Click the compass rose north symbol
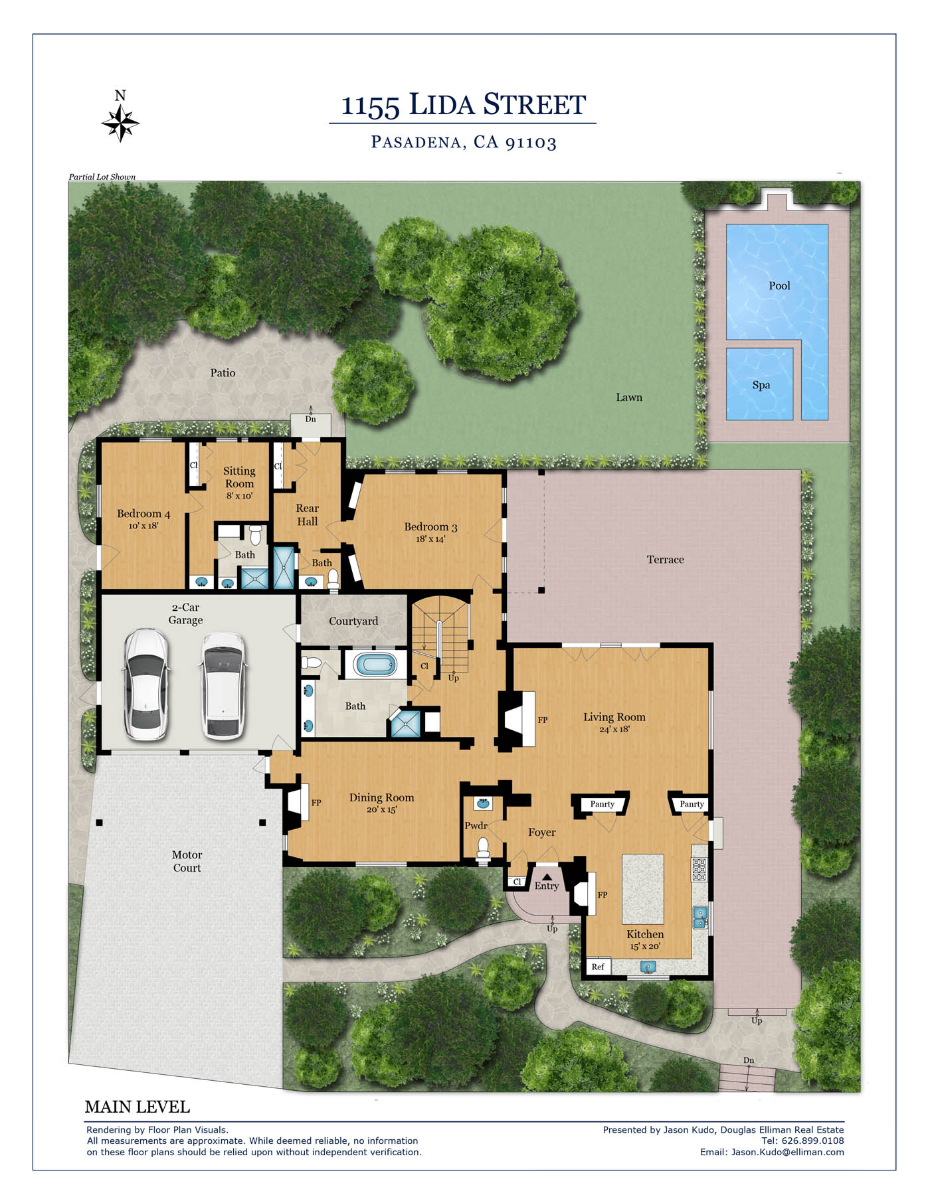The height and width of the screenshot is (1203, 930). coord(120,118)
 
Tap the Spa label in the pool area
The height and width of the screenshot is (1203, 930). coord(761,385)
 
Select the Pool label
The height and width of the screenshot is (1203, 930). coord(779,285)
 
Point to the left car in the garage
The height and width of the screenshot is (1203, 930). coord(146,684)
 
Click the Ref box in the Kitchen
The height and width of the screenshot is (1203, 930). coord(598,967)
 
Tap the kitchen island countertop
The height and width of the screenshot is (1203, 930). coord(642,889)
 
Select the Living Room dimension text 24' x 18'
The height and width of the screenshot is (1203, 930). coord(614,729)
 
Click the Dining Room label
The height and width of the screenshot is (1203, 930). coord(381,797)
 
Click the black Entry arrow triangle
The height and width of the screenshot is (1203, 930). coord(547,877)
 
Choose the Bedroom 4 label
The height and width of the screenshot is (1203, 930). coord(143,514)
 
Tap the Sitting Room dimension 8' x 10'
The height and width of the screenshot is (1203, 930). coord(239,496)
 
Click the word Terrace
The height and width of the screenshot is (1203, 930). coord(665,560)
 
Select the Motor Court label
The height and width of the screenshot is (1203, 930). coord(187,861)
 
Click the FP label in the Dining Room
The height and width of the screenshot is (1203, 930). coord(316,803)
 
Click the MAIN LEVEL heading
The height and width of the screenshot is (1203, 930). coord(138,1107)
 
